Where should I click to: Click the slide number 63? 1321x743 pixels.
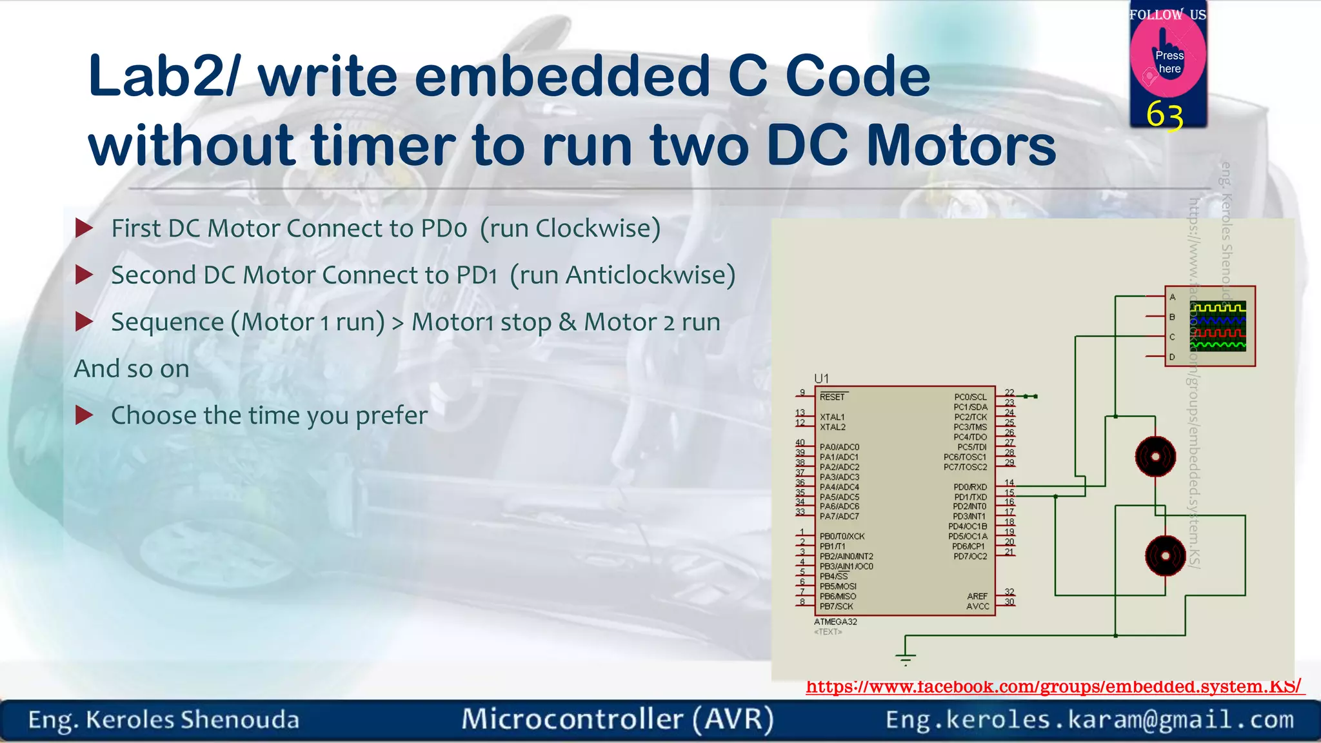point(1164,116)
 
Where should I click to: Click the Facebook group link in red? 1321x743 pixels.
point(1054,686)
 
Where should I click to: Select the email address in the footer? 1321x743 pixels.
point(1089,719)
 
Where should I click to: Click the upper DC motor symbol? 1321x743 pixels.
point(1155,457)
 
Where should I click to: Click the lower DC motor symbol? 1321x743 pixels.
point(1165,555)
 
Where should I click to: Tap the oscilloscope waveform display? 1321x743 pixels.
point(1218,326)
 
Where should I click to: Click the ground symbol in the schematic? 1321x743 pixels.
point(906,659)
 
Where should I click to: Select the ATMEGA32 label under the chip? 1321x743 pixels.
point(835,622)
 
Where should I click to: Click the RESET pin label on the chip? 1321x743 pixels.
point(832,397)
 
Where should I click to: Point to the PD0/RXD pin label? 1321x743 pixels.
point(970,487)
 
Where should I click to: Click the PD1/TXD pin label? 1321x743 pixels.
point(970,497)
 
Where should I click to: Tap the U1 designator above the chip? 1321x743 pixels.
point(821,379)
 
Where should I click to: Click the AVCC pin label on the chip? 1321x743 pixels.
point(978,606)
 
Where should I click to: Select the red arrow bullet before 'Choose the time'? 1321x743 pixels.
point(84,415)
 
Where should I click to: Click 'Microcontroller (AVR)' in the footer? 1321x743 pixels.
point(617,719)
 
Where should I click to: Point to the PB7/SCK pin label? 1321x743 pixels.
point(837,606)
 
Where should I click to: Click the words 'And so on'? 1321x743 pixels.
point(132,369)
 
